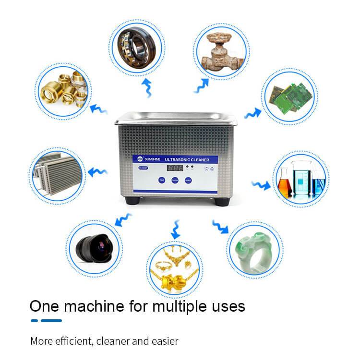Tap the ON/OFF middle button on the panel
(175, 181)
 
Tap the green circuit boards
(288, 96)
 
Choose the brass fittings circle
(63, 91)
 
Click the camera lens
(94, 246)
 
